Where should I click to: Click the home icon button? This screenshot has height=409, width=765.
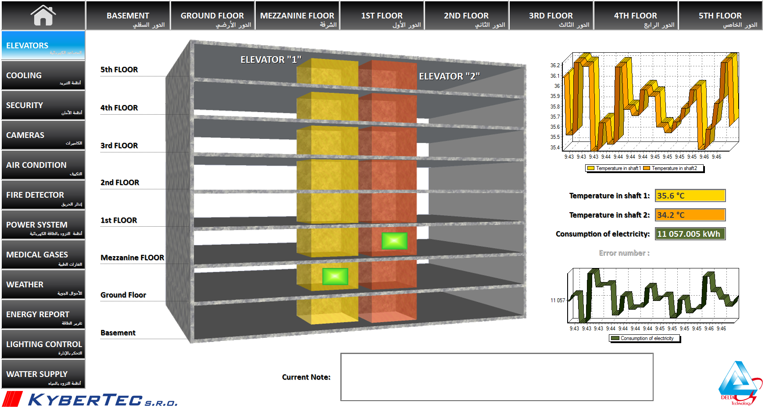click(43, 15)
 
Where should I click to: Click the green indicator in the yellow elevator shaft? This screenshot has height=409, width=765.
click(335, 276)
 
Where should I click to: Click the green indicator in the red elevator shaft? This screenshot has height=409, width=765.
click(394, 241)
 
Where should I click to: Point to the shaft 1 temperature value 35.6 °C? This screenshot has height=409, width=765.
click(690, 195)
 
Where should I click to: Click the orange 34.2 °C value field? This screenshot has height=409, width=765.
click(690, 215)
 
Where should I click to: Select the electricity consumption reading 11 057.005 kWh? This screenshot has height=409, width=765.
click(690, 234)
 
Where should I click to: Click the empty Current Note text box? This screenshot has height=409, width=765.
click(497, 377)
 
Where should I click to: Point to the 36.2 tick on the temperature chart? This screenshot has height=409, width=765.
click(555, 65)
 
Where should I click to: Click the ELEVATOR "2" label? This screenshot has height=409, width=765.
click(449, 76)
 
